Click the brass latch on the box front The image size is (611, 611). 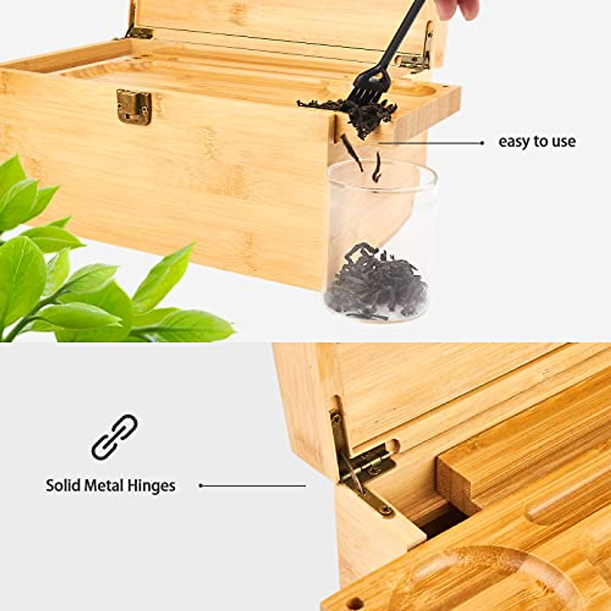coord(134,106)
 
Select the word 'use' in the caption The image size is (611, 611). coord(564,142)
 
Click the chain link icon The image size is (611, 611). coord(115,437)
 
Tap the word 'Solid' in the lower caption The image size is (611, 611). coord(63,485)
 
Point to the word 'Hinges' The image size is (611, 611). coord(151,485)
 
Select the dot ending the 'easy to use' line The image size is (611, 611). coord(482,143)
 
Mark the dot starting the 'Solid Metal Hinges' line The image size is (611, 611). coord(201,486)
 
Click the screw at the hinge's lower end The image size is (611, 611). coord(387,510)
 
